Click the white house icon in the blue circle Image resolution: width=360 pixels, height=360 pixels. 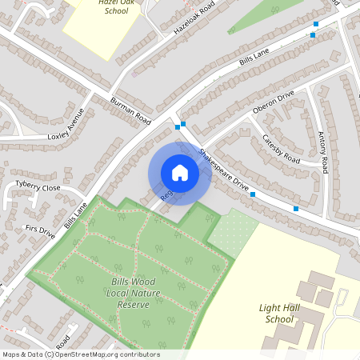point(179,173)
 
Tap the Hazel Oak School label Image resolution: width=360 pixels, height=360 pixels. point(111,7)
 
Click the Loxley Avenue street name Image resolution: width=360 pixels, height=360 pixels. point(65,124)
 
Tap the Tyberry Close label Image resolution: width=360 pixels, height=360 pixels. point(38,187)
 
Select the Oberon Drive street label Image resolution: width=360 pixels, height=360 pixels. point(274,102)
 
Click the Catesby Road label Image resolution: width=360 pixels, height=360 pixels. point(281,150)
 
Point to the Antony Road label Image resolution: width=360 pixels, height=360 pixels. point(322,152)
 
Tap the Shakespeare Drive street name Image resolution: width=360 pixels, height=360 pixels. point(225,169)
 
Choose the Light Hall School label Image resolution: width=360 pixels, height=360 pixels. point(281,313)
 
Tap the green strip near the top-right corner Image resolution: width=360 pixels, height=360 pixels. point(264,16)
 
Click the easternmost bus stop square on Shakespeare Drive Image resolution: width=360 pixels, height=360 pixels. point(297,209)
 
